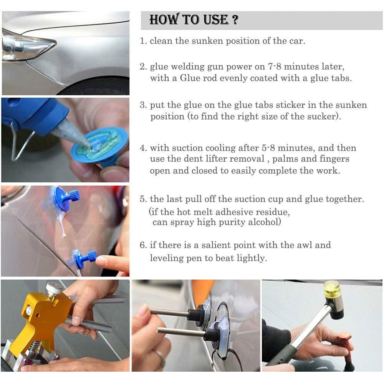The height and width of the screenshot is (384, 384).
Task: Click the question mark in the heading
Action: tap(235, 20)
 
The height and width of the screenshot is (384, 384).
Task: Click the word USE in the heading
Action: tap(216, 20)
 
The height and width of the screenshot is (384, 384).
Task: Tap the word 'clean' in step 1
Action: tap(161, 41)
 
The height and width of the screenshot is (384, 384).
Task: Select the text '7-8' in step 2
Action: tap(274, 66)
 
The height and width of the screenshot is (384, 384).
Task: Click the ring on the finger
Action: tap(160, 358)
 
